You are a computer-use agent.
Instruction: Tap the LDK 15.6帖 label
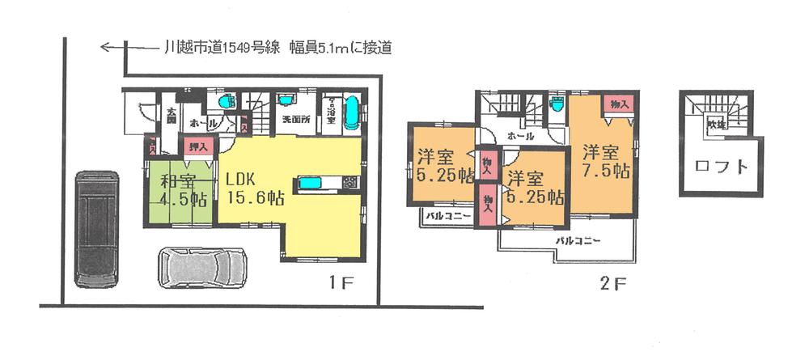[x=255, y=187]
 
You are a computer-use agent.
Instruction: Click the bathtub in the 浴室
[x=353, y=114]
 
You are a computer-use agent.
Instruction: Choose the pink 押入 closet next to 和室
[x=196, y=146]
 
